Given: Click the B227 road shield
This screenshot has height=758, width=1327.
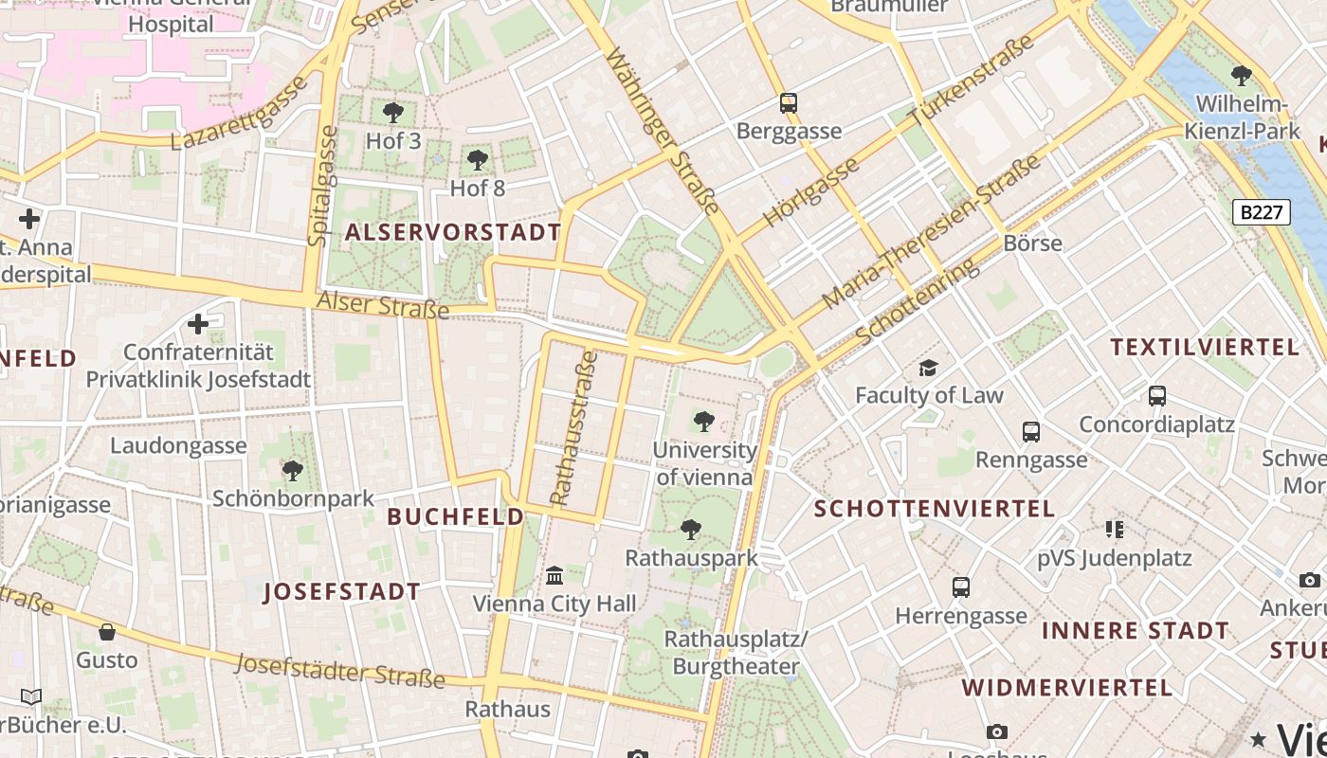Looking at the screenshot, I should (1262, 212).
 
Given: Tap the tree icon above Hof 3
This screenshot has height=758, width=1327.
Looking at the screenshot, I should (392, 113).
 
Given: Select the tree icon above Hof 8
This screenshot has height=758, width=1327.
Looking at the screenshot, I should (478, 159).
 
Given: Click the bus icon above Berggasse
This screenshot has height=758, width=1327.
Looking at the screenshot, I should (789, 102).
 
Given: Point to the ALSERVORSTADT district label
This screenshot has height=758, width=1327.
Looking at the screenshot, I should (453, 232).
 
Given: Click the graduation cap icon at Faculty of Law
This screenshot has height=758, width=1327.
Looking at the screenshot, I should (928, 367).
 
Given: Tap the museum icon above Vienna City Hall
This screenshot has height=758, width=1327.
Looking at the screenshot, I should (554, 574).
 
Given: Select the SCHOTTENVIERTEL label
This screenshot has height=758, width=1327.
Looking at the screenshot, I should (935, 509).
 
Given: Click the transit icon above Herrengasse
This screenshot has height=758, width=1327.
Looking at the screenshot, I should (961, 587).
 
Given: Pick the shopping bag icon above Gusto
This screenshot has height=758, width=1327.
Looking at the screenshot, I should (107, 631).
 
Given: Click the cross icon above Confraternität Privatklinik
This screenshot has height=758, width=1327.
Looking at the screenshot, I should (198, 324).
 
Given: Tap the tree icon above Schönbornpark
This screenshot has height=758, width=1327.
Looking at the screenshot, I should (293, 469).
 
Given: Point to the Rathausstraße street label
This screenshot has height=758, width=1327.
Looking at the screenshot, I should (573, 428).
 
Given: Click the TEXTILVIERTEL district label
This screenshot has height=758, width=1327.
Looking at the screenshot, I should (1206, 347).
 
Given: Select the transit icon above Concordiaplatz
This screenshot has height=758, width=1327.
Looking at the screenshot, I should (1156, 395).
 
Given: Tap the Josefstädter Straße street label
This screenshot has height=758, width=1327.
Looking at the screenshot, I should (340, 670).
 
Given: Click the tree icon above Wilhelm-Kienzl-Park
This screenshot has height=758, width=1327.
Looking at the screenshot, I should (1241, 76).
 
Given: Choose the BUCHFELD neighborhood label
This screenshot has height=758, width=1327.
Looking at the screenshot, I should (456, 516).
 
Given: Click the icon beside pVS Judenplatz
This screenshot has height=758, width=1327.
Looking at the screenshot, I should (1114, 529).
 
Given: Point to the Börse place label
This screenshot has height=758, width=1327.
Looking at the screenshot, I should (1032, 243).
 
